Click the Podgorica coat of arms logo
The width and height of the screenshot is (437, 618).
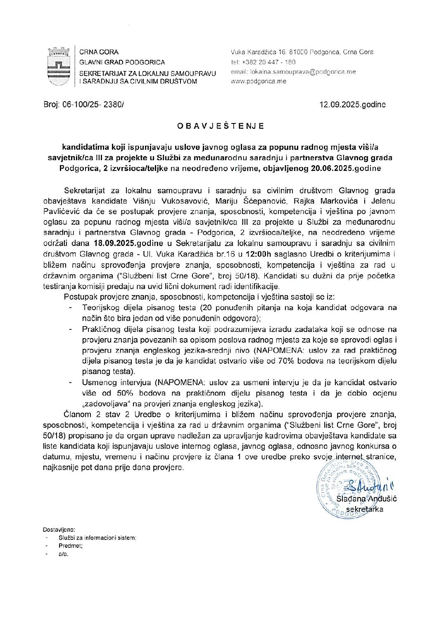pyautogui.click(x=57, y=66)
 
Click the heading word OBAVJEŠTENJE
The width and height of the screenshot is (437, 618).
pyautogui.click(x=221, y=126)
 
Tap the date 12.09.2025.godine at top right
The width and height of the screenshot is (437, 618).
pyautogui.click(x=352, y=105)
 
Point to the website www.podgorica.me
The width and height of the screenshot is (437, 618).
pyautogui.click(x=258, y=81)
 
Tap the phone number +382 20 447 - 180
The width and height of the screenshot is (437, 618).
pyautogui.click(x=268, y=62)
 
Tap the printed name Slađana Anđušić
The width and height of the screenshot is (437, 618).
pyautogui.click(x=366, y=499)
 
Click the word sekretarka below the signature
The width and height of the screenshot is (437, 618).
pyautogui.click(x=364, y=509)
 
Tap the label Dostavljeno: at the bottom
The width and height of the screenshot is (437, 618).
pyautogui.click(x=59, y=530)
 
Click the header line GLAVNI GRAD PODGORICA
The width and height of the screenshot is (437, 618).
pyautogui.click(x=122, y=62)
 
